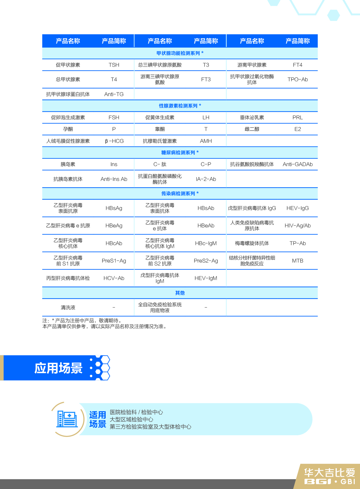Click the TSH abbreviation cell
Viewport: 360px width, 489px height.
(114, 65)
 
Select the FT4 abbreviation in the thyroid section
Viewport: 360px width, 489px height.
(298, 65)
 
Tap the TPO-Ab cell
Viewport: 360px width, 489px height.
(298, 79)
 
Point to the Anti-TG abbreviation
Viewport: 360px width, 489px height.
(114, 94)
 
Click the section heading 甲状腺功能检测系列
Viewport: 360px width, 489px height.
(180, 53)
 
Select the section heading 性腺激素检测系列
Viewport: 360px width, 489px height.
(180, 106)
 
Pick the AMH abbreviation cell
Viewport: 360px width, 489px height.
(206, 141)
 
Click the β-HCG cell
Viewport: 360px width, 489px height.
(114, 141)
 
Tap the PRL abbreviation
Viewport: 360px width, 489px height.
(298, 117)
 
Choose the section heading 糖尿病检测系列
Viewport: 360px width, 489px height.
(180, 153)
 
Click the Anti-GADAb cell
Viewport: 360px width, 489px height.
(298, 164)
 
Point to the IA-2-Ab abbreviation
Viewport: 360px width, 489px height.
(206, 179)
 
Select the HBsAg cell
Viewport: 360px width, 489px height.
(114, 208)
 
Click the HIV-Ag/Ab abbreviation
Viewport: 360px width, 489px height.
(298, 225)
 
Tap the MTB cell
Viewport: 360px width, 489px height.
(298, 261)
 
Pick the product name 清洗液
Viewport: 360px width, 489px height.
(68, 307)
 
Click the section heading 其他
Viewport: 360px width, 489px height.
(180, 293)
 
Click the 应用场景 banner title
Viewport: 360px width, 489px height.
(58, 368)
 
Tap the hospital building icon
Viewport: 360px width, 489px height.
(67, 419)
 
